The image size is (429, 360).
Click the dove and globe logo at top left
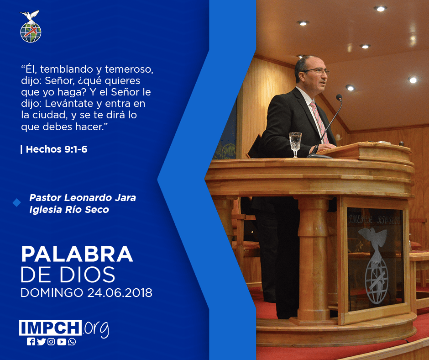click(x=31, y=26)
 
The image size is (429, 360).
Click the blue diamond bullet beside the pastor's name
click(x=17, y=203)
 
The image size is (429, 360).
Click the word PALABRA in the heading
click(x=77, y=254)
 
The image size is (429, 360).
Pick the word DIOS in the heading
click(x=88, y=274)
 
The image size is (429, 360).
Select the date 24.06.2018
click(x=120, y=293)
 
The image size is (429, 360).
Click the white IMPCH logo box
click(x=50, y=328)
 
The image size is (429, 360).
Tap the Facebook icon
click(x=31, y=342)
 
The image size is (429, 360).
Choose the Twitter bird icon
click(x=41, y=342)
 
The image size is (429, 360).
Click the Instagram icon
click(x=51, y=342)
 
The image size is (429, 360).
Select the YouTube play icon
click(x=62, y=342)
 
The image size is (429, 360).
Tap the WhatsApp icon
click(x=72, y=342)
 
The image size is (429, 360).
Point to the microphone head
click(x=339, y=97)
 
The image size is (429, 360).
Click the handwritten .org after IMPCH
click(x=96, y=329)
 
